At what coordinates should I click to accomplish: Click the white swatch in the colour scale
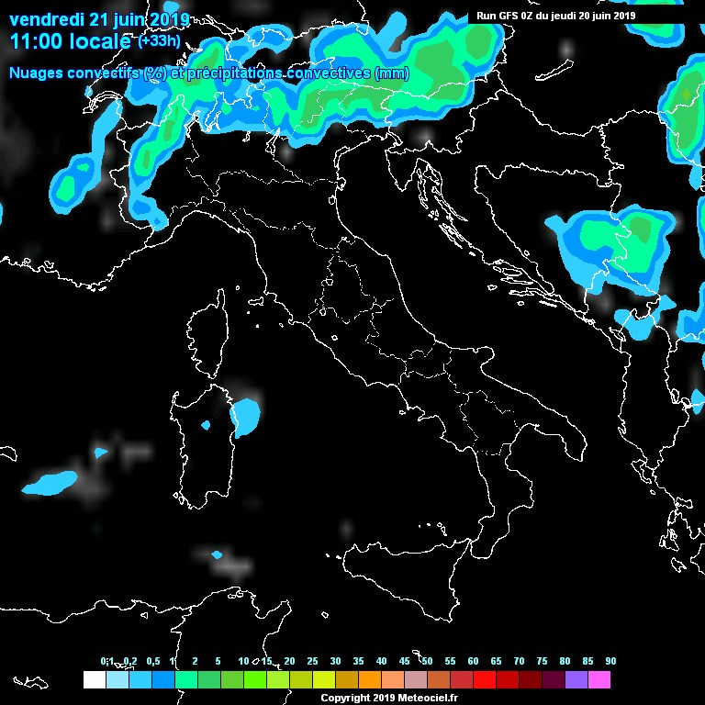tap(94, 680)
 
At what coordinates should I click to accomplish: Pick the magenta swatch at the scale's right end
tap(599, 680)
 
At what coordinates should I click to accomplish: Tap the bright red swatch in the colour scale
tap(484, 680)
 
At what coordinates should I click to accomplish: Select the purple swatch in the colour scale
tap(576, 680)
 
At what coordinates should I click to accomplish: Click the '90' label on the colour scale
tap(610, 661)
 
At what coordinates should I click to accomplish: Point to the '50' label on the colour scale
tap(427, 661)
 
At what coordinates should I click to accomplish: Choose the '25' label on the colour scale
tap(312, 661)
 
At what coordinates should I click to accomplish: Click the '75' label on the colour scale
tap(542, 661)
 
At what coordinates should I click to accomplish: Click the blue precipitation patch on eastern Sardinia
tap(246, 417)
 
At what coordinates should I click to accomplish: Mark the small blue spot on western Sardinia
tap(206, 425)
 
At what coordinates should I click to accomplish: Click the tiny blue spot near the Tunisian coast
tap(218, 554)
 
